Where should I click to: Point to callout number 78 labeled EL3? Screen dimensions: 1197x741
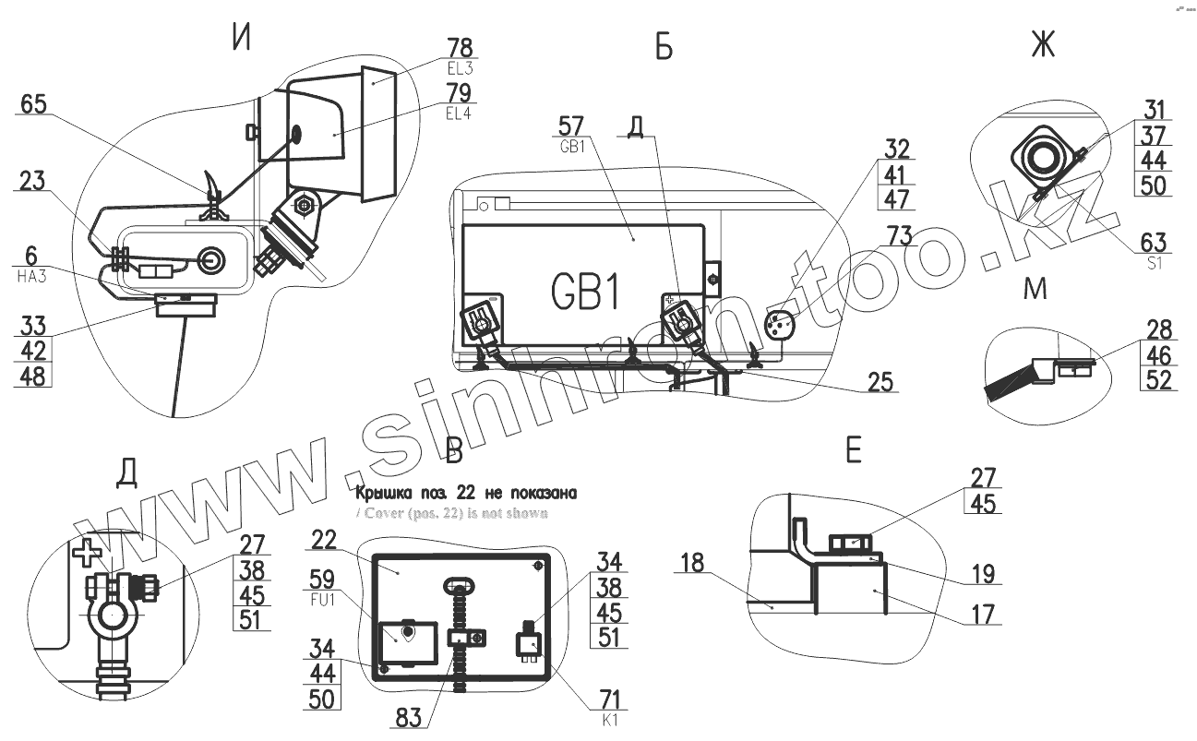click(458, 47)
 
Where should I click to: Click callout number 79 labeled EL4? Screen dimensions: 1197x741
click(459, 93)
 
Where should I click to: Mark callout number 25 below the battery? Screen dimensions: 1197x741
click(880, 381)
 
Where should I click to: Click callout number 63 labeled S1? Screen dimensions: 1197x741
click(1154, 243)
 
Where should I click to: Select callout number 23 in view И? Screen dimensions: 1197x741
click(32, 183)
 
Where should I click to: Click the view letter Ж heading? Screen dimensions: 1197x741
click(1042, 45)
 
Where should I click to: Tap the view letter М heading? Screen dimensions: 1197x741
click(1035, 290)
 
